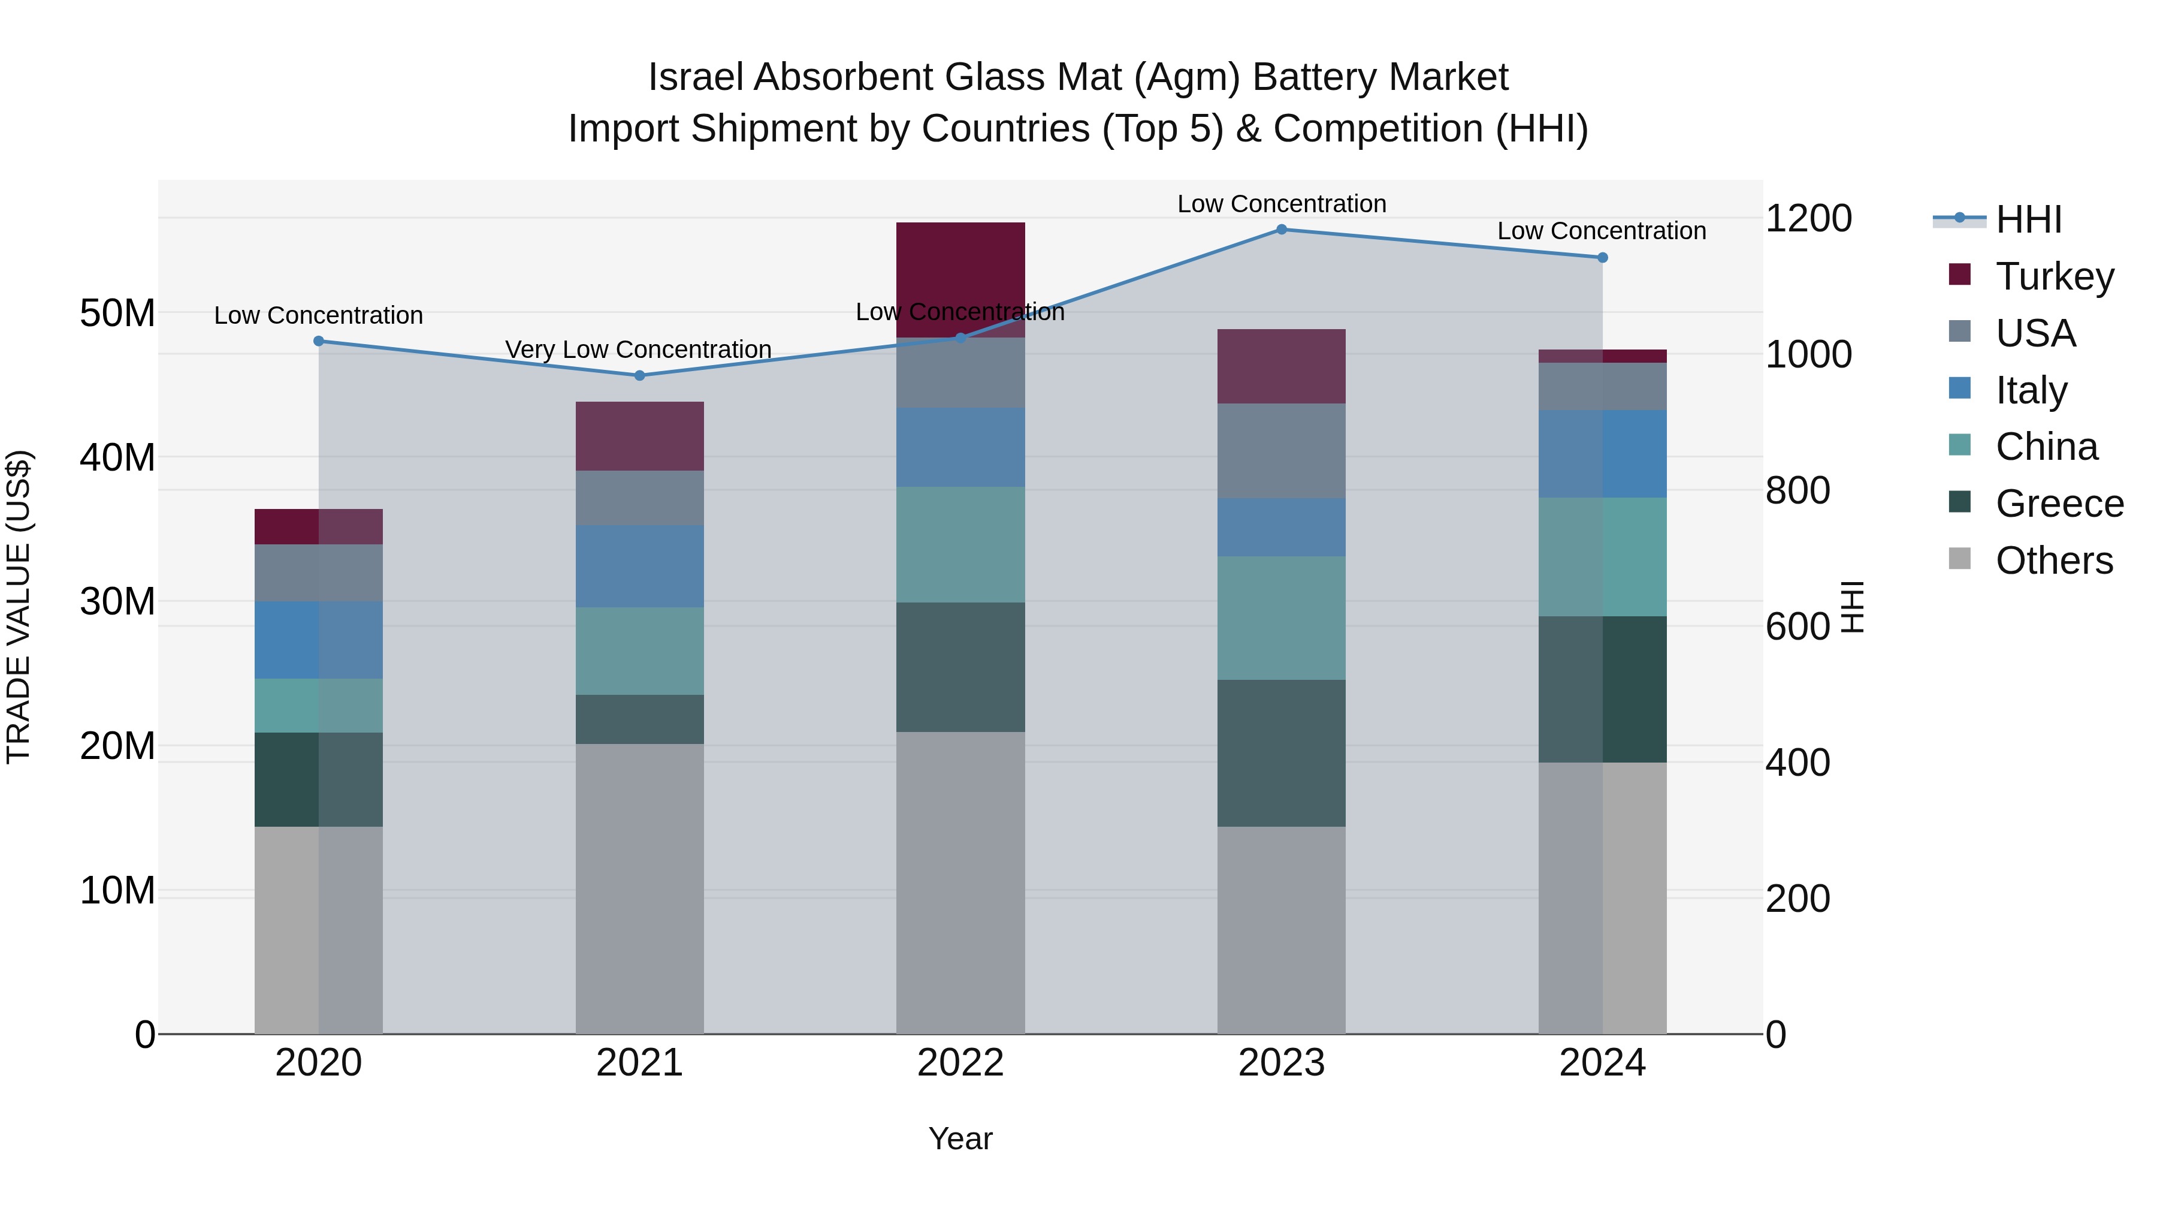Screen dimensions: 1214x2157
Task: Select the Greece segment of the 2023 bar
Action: click(x=1281, y=752)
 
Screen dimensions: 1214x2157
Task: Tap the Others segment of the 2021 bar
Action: click(x=640, y=888)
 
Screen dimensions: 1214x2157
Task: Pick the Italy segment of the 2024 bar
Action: click(x=1602, y=454)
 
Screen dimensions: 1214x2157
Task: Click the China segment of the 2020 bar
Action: click(x=318, y=706)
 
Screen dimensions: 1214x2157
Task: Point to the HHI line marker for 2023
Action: click(x=1281, y=230)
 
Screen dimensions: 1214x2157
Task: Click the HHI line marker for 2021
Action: click(x=640, y=375)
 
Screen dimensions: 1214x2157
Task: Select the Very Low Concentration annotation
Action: click(x=638, y=350)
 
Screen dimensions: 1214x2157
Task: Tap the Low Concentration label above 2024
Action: click(x=1601, y=231)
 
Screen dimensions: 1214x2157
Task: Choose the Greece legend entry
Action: click(x=2059, y=504)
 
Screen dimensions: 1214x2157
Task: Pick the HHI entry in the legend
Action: click(x=2028, y=219)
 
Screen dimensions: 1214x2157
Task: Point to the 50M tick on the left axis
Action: click(x=117, y=314)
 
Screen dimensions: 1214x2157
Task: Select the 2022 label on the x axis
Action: click(x=960, y=1063)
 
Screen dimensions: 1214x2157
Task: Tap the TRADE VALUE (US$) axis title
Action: click(x=19, y=607)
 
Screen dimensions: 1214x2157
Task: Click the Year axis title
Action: click(x=960, y=1138)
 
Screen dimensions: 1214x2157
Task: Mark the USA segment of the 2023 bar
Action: click(x=1281, y=451)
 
